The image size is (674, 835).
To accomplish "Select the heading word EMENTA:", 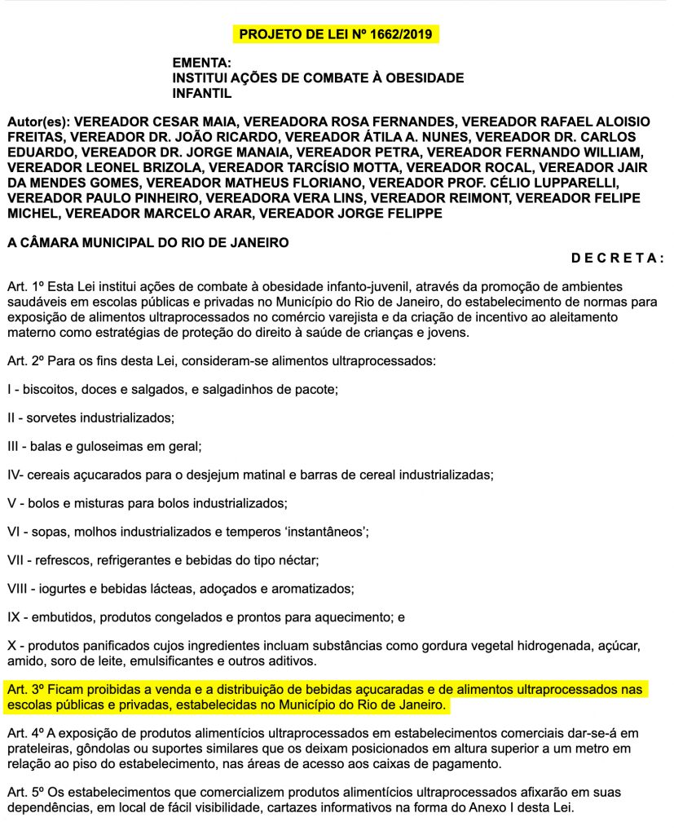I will tap(202, 62).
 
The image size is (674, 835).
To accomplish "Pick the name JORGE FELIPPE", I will tap(395, 213).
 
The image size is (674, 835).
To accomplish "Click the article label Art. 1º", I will tap(23, 287).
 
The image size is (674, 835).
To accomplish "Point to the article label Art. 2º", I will tap(23, 360).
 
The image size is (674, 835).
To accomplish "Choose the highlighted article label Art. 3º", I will tap(23, 690).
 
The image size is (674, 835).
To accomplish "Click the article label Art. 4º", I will tap(23, 731).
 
